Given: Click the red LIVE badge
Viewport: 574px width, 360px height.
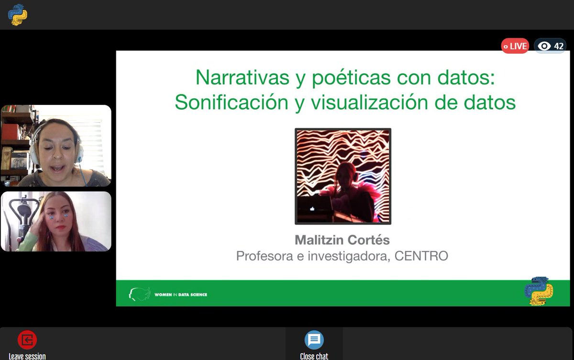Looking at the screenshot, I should point(515,46).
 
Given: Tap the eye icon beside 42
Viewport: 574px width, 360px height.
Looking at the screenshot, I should point(544,46).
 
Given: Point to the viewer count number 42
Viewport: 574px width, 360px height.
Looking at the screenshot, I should point(559,46).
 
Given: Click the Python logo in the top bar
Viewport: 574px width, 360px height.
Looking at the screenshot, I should point(18,14).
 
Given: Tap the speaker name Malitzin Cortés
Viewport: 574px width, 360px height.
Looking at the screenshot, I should point(342,239).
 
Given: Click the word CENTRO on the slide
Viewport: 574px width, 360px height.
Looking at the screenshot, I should point(421,256).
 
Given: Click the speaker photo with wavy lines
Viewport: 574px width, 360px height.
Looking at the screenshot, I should point(342,176).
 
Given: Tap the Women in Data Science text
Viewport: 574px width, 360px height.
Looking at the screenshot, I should point(181,294).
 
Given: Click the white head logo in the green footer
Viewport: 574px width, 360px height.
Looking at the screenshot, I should point(139,294).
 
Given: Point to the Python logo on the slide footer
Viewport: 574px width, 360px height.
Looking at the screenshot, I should point(539,291).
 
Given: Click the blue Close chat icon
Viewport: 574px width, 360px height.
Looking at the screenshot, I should point(314,340).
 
